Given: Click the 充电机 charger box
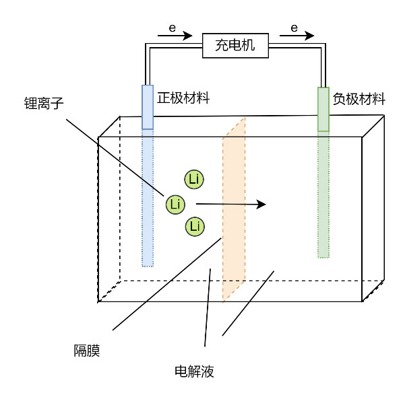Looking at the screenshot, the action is [x=235, y=45].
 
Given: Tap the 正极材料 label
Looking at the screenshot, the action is [x=183, y=98].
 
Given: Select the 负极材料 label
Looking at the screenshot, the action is [x=359, y=99].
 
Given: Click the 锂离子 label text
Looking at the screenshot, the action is [x=44, y=103].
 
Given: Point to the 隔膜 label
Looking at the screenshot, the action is [x=87, y=351].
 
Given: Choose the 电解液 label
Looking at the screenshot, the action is [x=194, y=371].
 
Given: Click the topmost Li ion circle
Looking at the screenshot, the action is [x=194, y=179].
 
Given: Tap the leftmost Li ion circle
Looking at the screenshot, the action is [x=175, y=205].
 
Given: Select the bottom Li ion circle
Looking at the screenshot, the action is [x=195, y=227].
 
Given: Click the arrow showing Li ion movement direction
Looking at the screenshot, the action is [x=231, y=205].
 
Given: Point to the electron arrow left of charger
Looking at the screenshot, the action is [x=175, y=36].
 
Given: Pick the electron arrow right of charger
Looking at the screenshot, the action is [x=297, y=36].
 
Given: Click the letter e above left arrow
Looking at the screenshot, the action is [x=173, y=28].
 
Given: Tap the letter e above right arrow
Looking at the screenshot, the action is [x=294, y=28].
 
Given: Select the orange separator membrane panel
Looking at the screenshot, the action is [x=234, y=211].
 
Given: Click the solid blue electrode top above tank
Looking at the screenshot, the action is [x=148, y=107].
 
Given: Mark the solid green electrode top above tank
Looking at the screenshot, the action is [x=323, y=109].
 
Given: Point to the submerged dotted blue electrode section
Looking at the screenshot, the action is [x=148, y=198].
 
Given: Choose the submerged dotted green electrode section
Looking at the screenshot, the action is [x=323, y=194].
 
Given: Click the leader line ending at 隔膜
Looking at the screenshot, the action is [x=167, y=284].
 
